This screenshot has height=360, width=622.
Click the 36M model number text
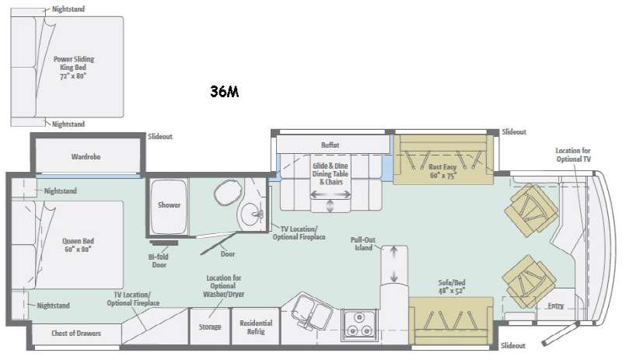225,91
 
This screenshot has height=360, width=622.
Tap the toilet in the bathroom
228,193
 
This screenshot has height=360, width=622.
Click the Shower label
169,204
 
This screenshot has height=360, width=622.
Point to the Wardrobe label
86,156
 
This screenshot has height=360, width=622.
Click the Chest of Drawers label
76,333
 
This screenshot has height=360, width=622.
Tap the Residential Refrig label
256,327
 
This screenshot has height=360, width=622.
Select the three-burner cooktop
359,324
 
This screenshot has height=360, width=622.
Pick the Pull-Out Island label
362,243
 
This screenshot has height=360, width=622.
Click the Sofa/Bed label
452,287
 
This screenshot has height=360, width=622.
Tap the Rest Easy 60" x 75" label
442,171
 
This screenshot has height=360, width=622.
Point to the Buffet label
330,145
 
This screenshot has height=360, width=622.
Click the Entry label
555,306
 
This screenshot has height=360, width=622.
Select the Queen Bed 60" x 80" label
79,245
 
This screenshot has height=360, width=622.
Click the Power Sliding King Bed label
74,67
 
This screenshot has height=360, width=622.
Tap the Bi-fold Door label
159,260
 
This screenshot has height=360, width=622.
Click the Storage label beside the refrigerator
210,327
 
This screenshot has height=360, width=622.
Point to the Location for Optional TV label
573,155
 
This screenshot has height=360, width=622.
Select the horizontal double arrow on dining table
330,194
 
